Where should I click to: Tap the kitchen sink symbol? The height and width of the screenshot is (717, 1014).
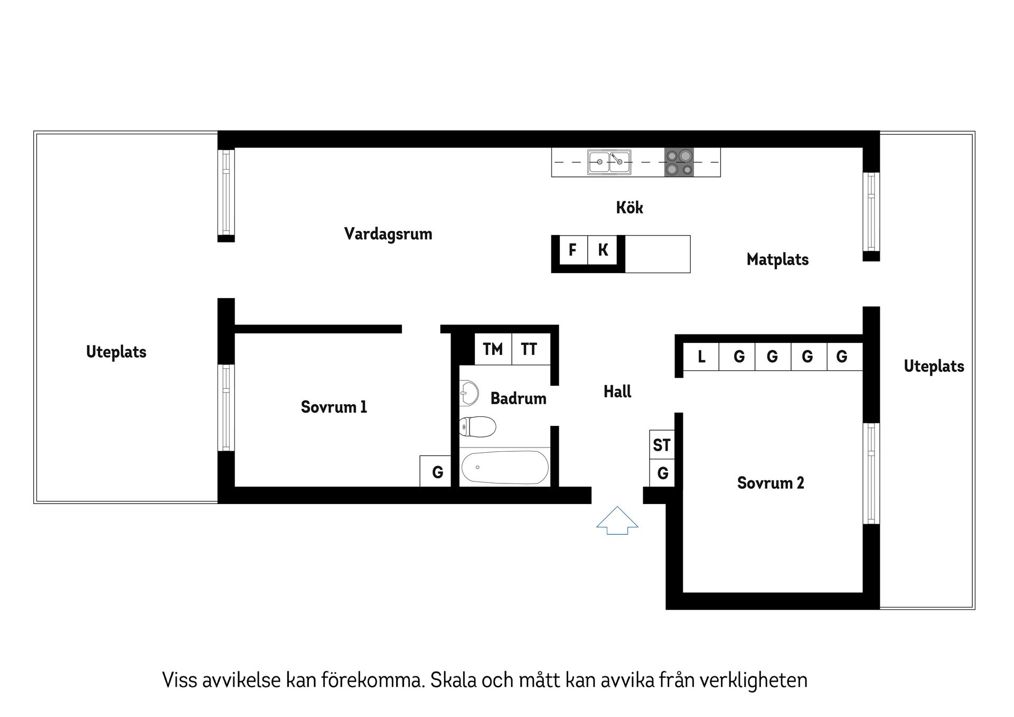pyautogui.click(x=609, y=162)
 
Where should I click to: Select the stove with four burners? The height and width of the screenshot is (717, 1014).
pyautogui.click(x=679, y=162)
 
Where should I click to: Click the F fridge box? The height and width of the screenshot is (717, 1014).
pyautogui.click(x=572, y=250)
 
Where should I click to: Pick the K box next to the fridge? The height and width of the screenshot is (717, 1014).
pyautogui.click(x=603, y=250)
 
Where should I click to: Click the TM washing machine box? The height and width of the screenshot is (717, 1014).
pyautogui.click(x=493, y=349)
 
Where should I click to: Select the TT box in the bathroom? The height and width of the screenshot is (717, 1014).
pyautogui.click(x=529, y=349)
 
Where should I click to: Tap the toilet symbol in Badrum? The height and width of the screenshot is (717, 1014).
pyautogui.click(x=477, y=427)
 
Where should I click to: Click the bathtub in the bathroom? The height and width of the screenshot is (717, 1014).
pyautogui.click(x=504, y=467)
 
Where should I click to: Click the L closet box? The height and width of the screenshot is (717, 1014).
pyautogui.click(x=701, y=357)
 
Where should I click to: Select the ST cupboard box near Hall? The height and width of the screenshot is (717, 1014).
pyautogui.click(x=662, y=445)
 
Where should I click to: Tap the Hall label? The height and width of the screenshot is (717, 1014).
pyautogui.click(x=617, y=392)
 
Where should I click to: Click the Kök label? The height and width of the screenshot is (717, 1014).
pyautogui.click(x=629, y=208)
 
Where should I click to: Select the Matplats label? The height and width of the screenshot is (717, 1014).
pyautogui.click(x=777, y=259)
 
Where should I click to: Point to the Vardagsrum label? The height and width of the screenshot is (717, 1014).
pyautogui.click(x=388, y=234)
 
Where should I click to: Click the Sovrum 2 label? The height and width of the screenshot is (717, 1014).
pyautogui.click(x=771, y=483)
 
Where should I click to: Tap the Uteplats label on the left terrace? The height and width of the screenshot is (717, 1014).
pyautogui.click(x=116, y=352)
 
